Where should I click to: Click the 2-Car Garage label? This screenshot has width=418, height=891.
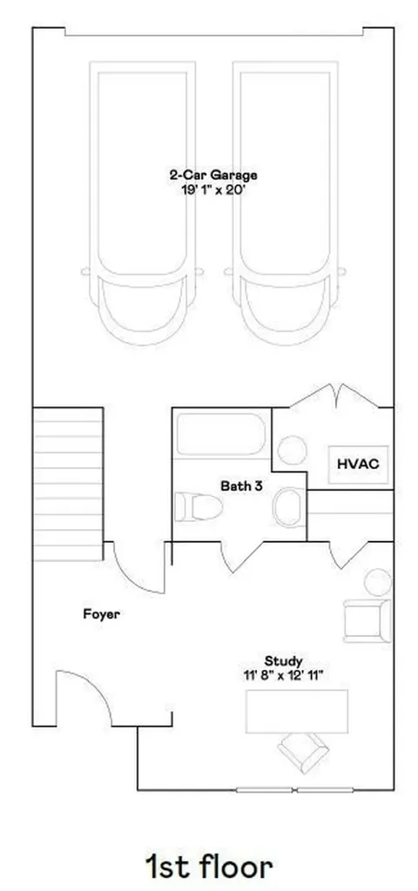point(213,175)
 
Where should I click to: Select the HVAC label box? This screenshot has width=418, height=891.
point(358,464)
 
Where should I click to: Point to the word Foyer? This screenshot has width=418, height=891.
point(101,614)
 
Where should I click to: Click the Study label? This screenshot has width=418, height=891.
point(283,661)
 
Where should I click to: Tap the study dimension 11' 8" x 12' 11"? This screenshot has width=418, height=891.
point(283,675)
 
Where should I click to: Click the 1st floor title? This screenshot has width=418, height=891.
point(209,867)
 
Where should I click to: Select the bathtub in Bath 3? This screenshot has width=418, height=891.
point(220,434)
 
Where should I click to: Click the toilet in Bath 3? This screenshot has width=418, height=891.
point(198,507)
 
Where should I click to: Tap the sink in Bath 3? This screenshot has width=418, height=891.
point(289,507)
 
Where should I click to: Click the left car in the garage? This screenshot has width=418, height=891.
point(142,203)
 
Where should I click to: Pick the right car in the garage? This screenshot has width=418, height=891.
point(286,203)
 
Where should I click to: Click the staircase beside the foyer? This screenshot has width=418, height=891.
point(68,484)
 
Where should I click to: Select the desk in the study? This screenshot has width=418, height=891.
point(296,712)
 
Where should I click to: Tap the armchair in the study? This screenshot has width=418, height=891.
point(368,620)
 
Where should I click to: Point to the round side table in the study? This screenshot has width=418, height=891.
point(378,582)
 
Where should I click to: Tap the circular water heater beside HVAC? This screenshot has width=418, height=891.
point(293,450)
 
